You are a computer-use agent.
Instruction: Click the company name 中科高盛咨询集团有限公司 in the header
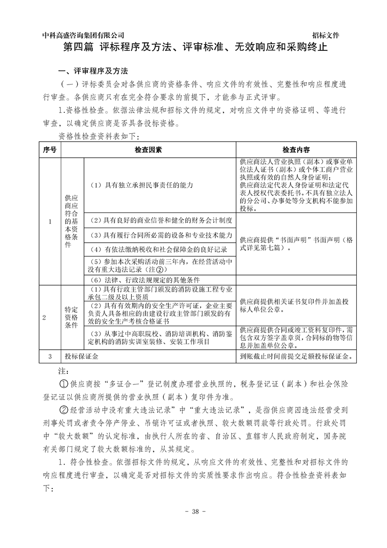tap(83, 35)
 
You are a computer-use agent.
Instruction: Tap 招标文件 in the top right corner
tap(326, 35)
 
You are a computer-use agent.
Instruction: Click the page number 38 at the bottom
tap(194, 511)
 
